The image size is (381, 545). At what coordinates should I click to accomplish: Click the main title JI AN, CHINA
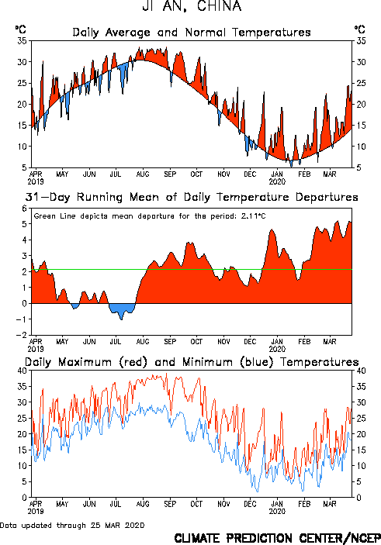pos(192,6)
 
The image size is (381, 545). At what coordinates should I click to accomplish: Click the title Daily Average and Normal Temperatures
pos(192,33)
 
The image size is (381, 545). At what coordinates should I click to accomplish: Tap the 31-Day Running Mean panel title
pos(192,197)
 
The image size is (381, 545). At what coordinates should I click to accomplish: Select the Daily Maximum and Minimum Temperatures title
pos(192,362)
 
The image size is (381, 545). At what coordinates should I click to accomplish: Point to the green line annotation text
pos(150,216)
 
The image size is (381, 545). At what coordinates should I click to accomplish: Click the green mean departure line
pos(192,269)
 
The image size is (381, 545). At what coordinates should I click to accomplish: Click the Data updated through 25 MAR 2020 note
pos(72,525)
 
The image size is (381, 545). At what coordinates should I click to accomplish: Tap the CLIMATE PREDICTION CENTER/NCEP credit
pos(277,538)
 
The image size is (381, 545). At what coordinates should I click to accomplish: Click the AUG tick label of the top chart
pos(143,174)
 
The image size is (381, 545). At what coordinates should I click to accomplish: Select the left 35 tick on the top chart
pos(22,41)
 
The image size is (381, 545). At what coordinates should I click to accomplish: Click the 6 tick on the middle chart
pos(24,209)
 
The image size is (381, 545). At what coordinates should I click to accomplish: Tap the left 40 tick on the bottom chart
pos(22,371)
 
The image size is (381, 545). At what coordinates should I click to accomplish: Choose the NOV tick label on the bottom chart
pos(223,504)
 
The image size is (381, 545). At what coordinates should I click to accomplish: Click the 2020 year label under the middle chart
pos(277,349)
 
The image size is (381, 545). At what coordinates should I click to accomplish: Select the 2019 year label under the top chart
pos(36,181)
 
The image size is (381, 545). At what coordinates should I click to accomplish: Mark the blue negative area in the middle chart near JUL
pos(121,310)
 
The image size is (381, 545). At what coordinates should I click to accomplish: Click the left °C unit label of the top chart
pos(20,29)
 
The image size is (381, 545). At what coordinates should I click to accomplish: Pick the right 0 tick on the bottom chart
pos(358,498)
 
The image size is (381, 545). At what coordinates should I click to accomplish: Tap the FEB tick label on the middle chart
pos(303,342)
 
